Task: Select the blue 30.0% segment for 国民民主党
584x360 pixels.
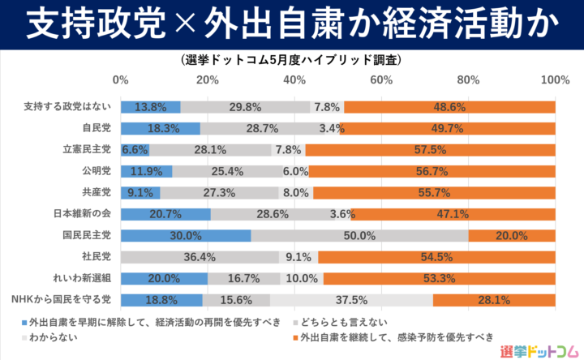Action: (x=185, y=236)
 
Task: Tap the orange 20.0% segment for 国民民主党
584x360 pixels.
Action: (x=512, y=236)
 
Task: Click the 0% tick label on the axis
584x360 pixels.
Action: (x=121, y=79)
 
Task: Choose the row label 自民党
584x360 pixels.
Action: (x=97, y=128)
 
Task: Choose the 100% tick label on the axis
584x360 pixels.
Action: (x=555, y=79)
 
